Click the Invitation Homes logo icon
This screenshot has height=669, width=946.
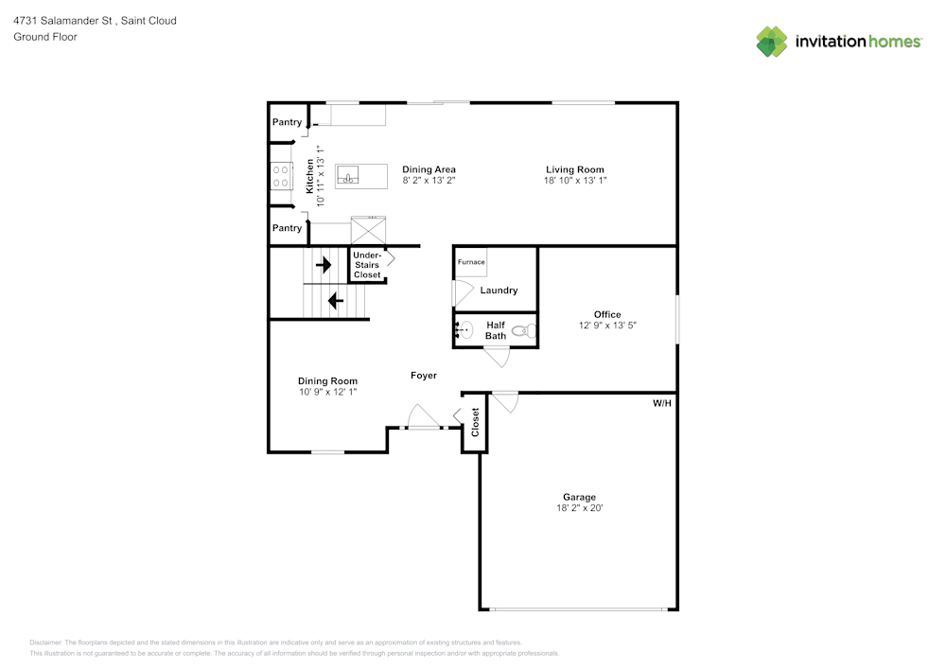772,42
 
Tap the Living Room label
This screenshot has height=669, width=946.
574,169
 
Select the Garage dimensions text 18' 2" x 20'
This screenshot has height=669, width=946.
579,508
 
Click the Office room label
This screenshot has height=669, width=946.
607,314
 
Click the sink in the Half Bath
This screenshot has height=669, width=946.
465,330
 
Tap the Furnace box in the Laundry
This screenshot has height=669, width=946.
471,262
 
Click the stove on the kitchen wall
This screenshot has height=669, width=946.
281,175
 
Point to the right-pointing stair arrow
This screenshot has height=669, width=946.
324,265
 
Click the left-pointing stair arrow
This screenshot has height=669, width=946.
335,301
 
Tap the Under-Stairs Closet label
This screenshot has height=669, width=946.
367,265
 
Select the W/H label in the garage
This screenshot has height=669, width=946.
662,403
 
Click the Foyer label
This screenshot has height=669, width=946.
424,376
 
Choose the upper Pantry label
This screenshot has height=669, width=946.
287,122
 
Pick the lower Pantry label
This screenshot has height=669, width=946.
287,228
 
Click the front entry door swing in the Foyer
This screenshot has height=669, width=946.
419,417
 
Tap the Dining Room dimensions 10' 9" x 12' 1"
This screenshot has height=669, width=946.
327,391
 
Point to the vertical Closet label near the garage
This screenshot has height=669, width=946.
475,422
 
